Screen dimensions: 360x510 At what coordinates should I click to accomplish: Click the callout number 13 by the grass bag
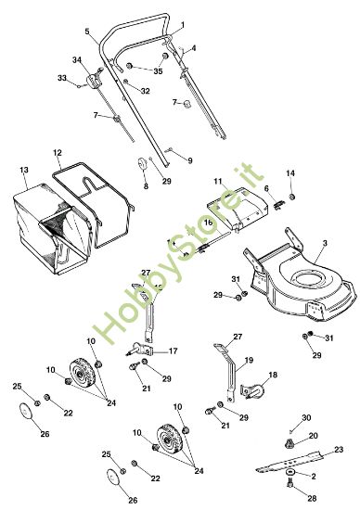pyautogui.click(x=24, y=170)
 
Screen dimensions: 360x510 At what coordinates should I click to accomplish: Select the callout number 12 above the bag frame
pyautogui.click(x=58, y=153)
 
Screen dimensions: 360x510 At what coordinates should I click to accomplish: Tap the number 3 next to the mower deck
pyautogui.click(x=325, y=243)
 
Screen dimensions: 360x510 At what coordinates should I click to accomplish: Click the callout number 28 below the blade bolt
pyautogui.click(x=312, y=498)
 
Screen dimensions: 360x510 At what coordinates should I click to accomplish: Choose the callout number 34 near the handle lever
pyautogui.click(x=77, y=60)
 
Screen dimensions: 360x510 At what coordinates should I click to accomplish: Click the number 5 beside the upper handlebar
pyautogui.click(x=87, y=32)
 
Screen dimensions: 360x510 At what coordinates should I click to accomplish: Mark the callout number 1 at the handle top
pyautogui.click(x=182, y=24)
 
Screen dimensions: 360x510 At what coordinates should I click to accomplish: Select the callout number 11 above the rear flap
pyautogui.click(x=218, y=181)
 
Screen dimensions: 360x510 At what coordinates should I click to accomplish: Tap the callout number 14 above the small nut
pyautogui.click(x=290, y=173)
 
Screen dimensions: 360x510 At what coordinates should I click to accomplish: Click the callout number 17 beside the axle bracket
pyautogui.click(x=173, y=351)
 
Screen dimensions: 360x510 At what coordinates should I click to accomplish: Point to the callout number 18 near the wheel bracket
pyautogui.click(x=273, y=375)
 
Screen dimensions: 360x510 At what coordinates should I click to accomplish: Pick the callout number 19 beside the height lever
pyautogui.click(x=249, y=361)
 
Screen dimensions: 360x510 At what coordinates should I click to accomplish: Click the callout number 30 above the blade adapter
pyautogui.click(x=306, y=417)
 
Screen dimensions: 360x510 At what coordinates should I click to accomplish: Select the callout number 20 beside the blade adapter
pyautogui.click(x=313, y=436)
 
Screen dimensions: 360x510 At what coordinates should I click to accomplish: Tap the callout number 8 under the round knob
pyautogui.click(x=146, y=186)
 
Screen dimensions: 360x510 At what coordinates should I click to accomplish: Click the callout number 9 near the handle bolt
pyautogui.click(x=190, y=160)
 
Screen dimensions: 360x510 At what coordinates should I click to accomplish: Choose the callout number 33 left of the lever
pyautogui.click(x=62, y=78)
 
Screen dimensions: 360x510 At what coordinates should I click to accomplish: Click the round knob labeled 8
pyautogui.click(x=142, y=163)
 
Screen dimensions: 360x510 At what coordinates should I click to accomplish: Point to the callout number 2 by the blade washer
pyautogui.click(x=314, y=477)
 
